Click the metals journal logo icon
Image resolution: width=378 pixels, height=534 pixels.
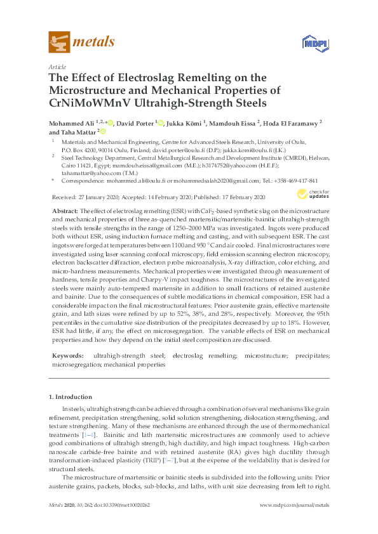point(59,42)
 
